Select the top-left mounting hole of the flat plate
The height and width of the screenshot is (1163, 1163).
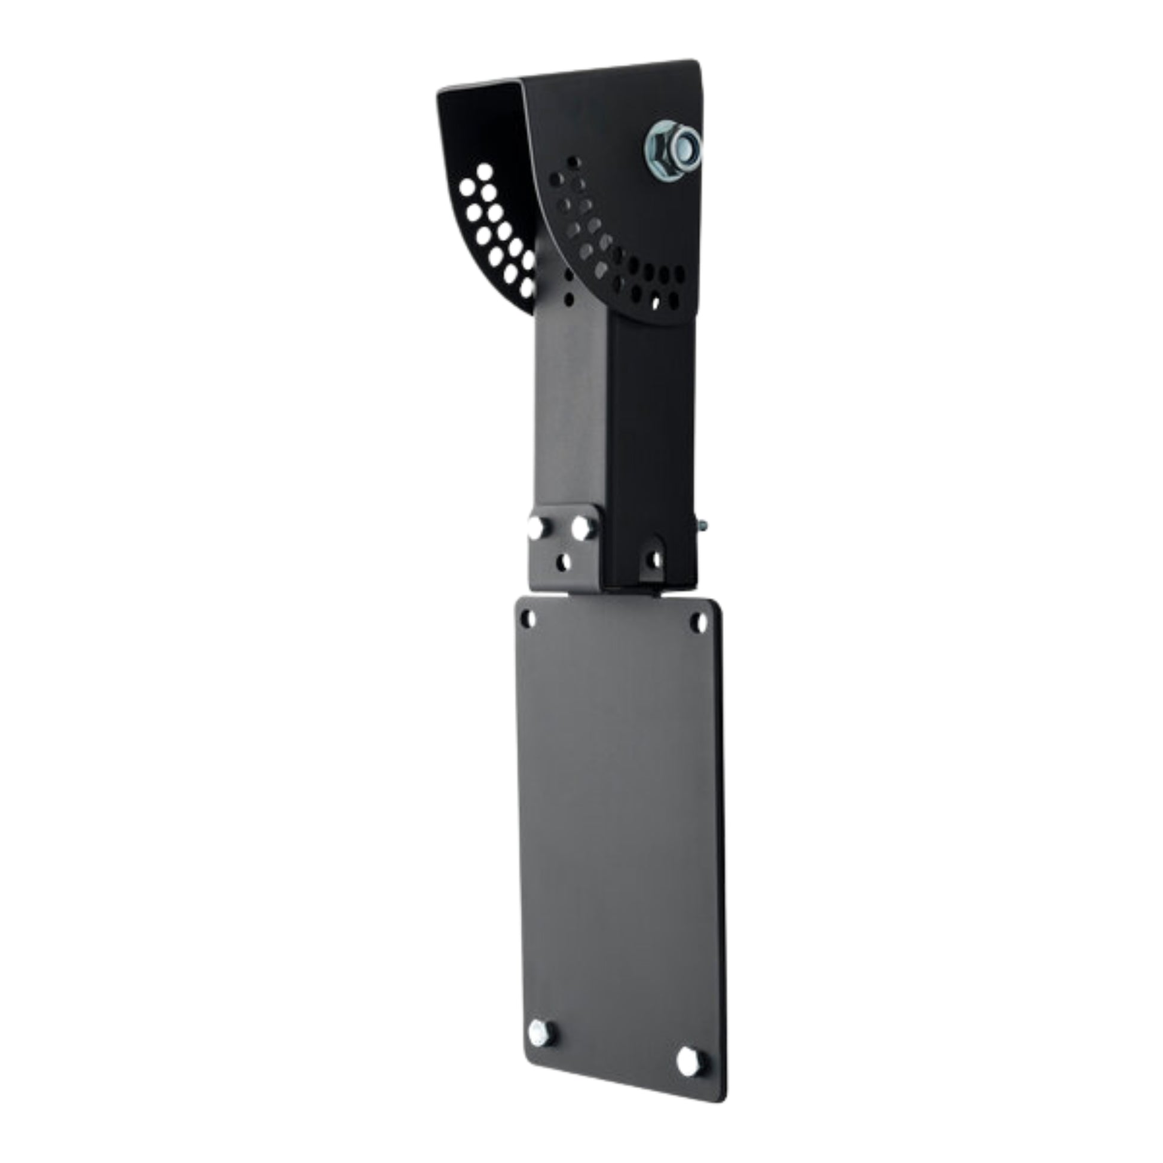pos(528,617)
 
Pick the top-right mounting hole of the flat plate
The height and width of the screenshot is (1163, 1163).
pos(698,622)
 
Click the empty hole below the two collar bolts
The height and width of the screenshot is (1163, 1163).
pos(564,562)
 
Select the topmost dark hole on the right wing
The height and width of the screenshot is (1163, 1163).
pos(574,163)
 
